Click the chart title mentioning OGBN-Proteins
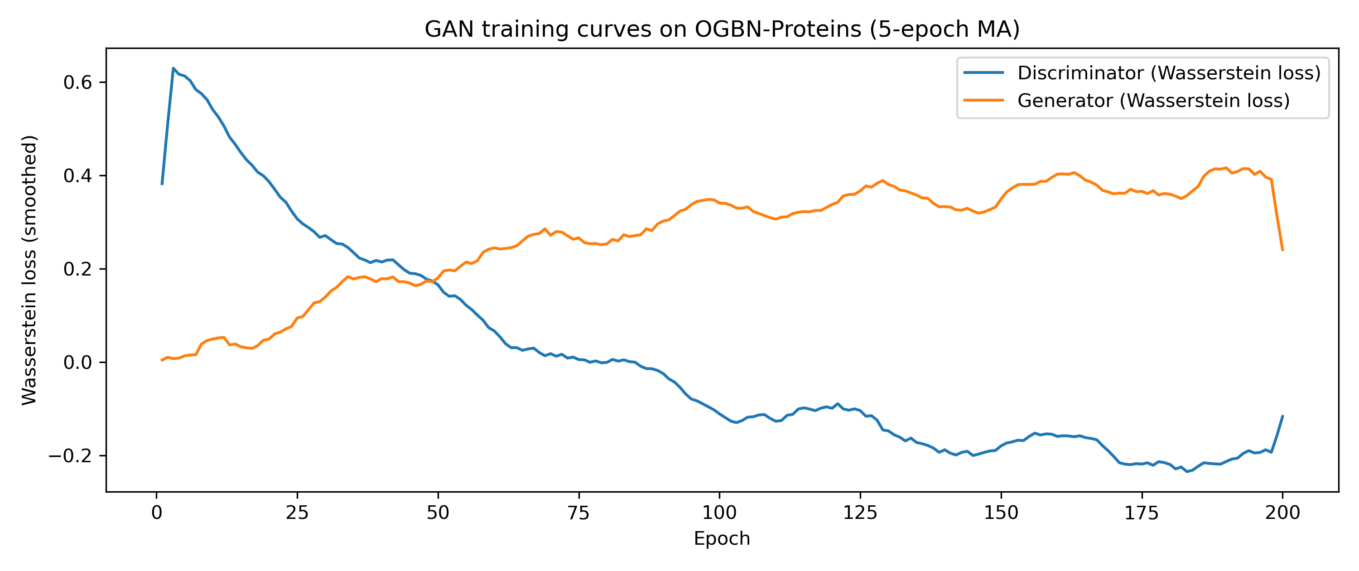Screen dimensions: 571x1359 pos(722,29)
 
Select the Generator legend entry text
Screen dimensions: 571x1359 pos(1153,100)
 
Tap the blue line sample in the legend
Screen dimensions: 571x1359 pos(983,73)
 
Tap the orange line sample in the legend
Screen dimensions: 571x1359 pos(983,100)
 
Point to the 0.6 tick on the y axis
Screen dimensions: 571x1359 pos(77,82)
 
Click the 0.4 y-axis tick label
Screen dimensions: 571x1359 pos(77,176)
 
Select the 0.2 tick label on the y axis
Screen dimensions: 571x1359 pos(77,269)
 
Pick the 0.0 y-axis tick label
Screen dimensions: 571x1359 pos(77,363)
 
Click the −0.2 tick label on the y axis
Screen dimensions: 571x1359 pos(70,456)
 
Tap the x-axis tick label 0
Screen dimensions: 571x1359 pos(157,513)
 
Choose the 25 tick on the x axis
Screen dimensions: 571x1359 pos(297,513)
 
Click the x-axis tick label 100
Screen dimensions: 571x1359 pos(720,513)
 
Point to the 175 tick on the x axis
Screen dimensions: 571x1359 pos(1142,513)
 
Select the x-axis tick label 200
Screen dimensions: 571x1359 pos(1282,513)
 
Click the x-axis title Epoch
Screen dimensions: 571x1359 pos(722,538)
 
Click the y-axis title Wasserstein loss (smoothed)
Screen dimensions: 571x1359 pos(29,270)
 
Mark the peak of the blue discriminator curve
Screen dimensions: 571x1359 pos(173,68)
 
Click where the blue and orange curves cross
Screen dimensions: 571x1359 pos(433,281)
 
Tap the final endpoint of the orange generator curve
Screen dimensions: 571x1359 pos(1282,250)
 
